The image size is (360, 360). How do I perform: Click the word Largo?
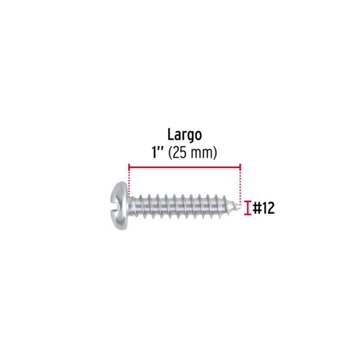pyautogui.click(x=185, y=136)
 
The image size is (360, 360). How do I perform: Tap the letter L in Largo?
pyautogui.click(x=170, y=134)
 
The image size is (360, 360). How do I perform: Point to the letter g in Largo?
pyautogui.click(x=190, y=137)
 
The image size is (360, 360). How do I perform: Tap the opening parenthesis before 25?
pyautogui.click(x=170, y=153)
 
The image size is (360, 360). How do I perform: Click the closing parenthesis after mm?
pyautogui.click(x=215, y=153)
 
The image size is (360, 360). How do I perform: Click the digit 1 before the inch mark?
pyautogui.click(x=155, y=152)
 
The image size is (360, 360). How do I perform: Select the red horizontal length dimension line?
pyautogui.click(x=185, y=167)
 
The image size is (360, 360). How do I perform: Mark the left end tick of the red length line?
pyautogui.click(x=129, y=167)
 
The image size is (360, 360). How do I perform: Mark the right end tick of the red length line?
pyautogui.click(x=240, y=167)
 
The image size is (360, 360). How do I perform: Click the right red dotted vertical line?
pyautogui.click(x=240, y=187)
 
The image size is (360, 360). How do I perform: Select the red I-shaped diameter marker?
pyautogui.click(x=247, y=208)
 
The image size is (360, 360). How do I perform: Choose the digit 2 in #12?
pyautogui.click(x=270, y=208)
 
